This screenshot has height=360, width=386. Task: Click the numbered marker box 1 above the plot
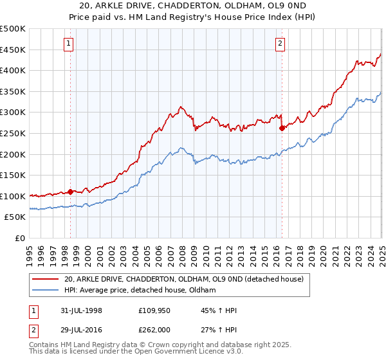69,44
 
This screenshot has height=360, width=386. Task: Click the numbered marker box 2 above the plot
280,44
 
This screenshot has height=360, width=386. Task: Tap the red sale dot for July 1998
71,192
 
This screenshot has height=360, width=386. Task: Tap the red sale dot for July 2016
282,128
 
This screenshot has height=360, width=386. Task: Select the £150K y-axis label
13,175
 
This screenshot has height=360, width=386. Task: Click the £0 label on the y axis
20,238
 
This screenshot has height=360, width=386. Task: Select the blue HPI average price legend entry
140,291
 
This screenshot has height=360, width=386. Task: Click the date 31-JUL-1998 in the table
82,311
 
